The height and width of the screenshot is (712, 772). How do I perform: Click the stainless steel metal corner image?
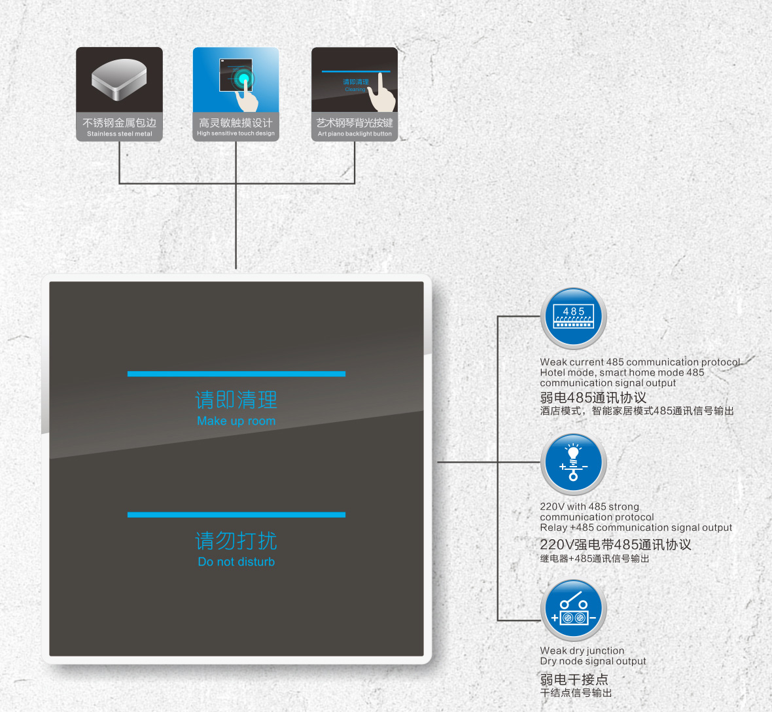click(x=119, y=79)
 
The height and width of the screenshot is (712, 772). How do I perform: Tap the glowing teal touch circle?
click(x=243, y=79)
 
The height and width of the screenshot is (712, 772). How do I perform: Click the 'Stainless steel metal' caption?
click(x=120, y=134)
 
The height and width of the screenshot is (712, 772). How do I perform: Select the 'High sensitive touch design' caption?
click(x=236, y=133)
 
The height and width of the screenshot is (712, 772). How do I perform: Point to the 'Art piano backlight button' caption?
click(x=355, y=134)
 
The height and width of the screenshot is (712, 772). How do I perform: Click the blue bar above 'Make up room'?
click(x=236, y=374)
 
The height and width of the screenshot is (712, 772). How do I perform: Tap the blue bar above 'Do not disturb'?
click(x=236, y=514)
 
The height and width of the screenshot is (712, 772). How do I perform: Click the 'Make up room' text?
click(x=236, y=421)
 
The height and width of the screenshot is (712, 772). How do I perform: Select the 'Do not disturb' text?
click(x=236, y=562)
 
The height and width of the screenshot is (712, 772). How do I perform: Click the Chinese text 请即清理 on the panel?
click(x=236, y=400)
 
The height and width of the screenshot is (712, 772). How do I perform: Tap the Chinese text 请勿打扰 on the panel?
click(x=236, y=541)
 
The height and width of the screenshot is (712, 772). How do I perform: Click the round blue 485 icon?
click(x=574, y=317)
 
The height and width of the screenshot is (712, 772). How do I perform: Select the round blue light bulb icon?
click(x=574, y=463)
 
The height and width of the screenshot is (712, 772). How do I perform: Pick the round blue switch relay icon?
click(x=574, y=610)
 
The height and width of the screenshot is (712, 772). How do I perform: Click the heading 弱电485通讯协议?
click(x=593, y=397)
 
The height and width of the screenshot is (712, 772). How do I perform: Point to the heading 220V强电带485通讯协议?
click(x=616, y=544)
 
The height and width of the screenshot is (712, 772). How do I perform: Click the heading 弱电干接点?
click(x=574, y=679)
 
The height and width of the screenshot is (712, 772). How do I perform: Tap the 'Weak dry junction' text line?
click(x=582, y=650)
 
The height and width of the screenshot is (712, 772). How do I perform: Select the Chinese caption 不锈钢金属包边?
click(x=120, y=122)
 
